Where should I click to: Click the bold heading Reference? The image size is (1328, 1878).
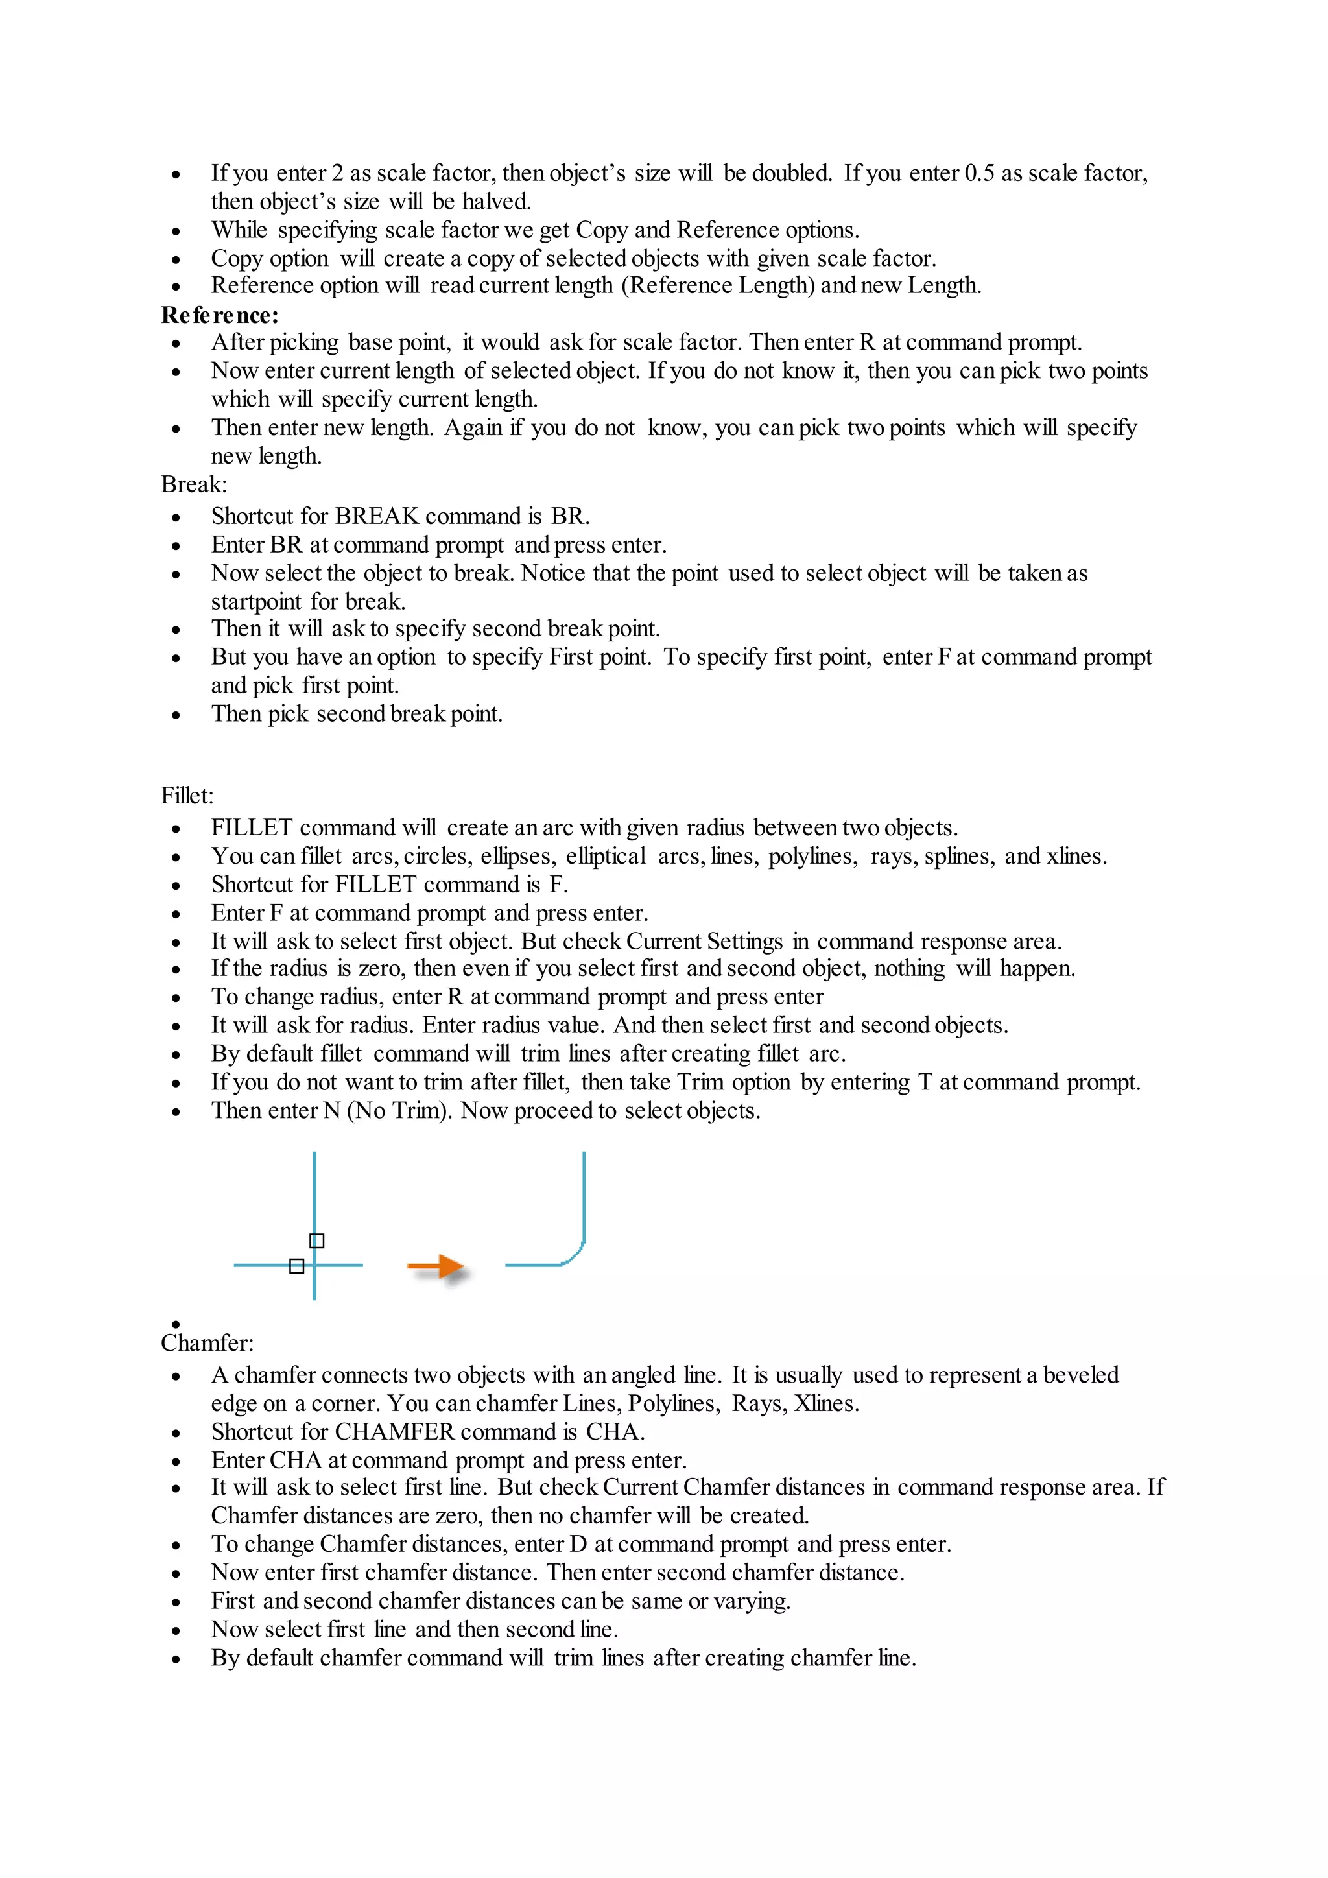tap(219, 315)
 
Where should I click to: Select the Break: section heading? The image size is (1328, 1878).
tap(194, 484)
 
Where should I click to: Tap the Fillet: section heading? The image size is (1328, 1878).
tap(187, 795)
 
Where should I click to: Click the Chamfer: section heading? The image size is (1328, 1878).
tap(207, 1343)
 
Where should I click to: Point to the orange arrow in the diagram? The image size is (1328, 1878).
tap(436, 1268)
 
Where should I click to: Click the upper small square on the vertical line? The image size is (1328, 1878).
tap(317, 1241)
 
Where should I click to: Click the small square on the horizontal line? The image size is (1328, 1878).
tap(297, 1266)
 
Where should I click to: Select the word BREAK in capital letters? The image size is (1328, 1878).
tap(376, 516)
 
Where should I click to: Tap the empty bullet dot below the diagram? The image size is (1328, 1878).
tap(176, 1324)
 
